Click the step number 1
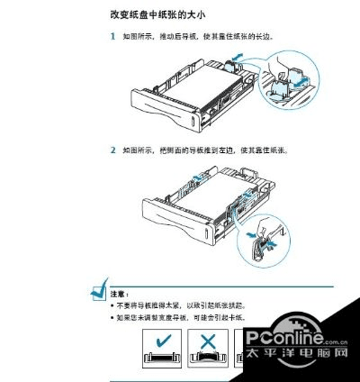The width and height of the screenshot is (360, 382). tap(112, 37)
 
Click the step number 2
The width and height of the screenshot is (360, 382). tap(112, 150)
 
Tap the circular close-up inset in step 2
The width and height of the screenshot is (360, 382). tap(262, 236)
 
